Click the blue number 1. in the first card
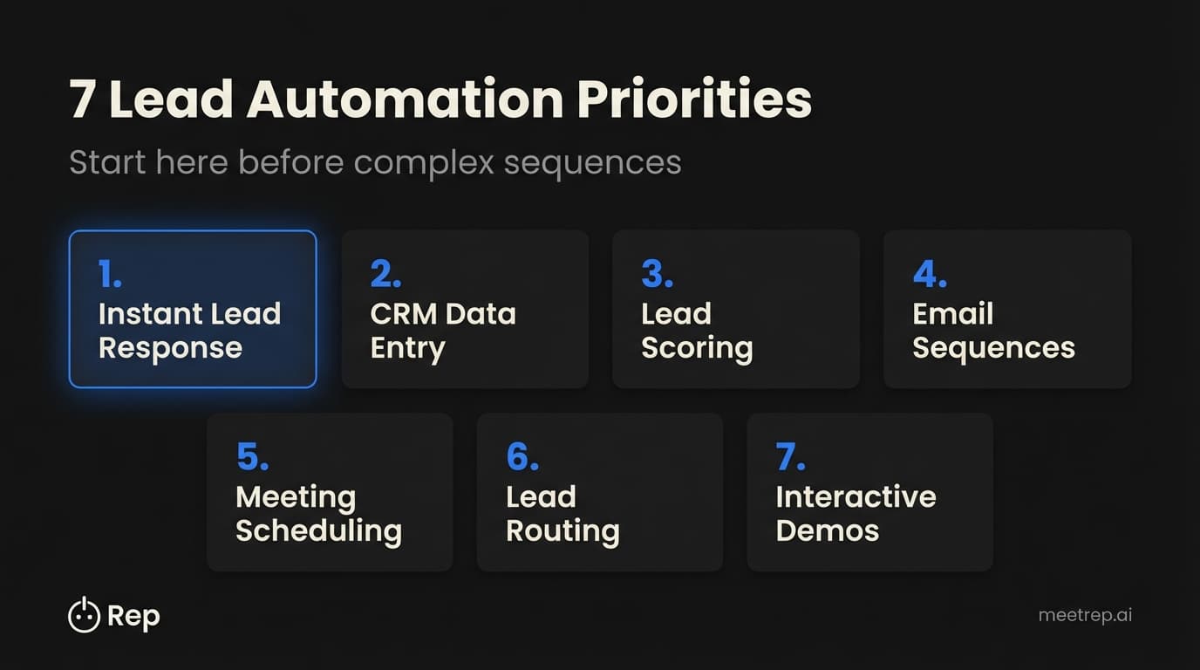(x=110, y=274)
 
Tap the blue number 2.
(x=385, y=274)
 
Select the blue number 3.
(x=657, y=274)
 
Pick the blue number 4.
(x=930, y=274)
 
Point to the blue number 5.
(x=252, y=457)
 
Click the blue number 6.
(x=522, y=457)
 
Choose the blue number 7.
(x=790, y=457)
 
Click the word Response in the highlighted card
(x=169, y=348)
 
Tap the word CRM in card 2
(x=406, y=314)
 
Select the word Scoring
(x=697, y=348)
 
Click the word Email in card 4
(x=952, y=314)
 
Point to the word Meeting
(x=295, y=497)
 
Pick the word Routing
(x=562, y=531)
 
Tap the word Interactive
(x=856, y=497)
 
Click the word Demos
(x=827, y=531)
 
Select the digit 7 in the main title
(x=82, y=101)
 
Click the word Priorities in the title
(x=694, y=101)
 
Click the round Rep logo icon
(x=84, y=616)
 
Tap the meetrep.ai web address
(x=1085, y=615)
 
